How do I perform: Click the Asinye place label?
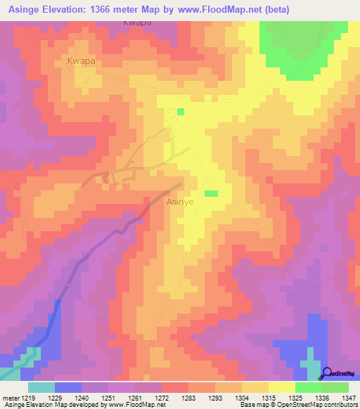180,202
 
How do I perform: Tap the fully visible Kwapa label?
81,61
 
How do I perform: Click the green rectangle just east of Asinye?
211,193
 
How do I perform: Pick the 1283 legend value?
201,397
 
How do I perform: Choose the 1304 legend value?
228,397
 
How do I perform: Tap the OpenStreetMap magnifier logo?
326,373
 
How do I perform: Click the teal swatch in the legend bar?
41,387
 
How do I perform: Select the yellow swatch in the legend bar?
281,387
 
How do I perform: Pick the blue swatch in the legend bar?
68,387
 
